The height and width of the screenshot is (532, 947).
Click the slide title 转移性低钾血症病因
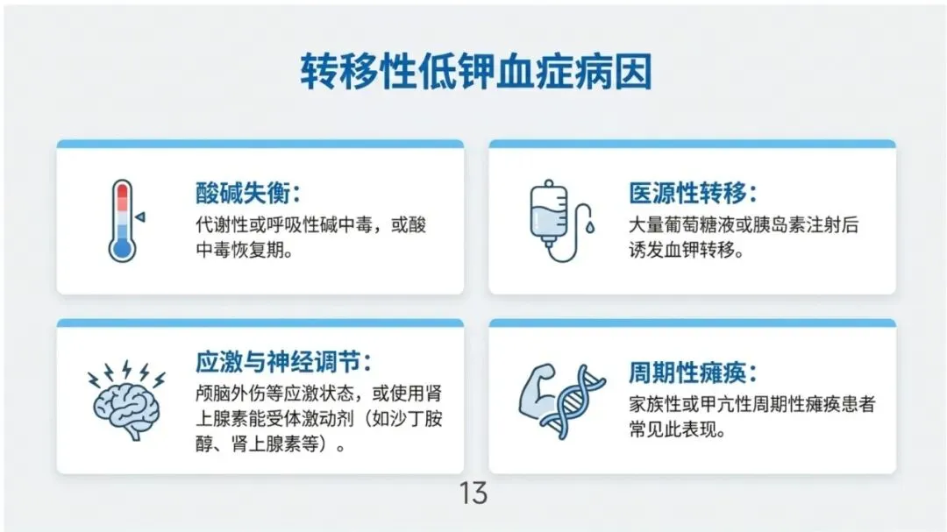476,72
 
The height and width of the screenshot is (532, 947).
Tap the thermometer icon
123,220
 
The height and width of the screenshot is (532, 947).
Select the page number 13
473,493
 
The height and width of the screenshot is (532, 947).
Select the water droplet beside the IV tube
590,227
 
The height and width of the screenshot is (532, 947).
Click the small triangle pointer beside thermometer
140,216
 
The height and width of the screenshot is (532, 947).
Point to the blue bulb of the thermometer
122,249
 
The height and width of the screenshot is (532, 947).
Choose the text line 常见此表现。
677,429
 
